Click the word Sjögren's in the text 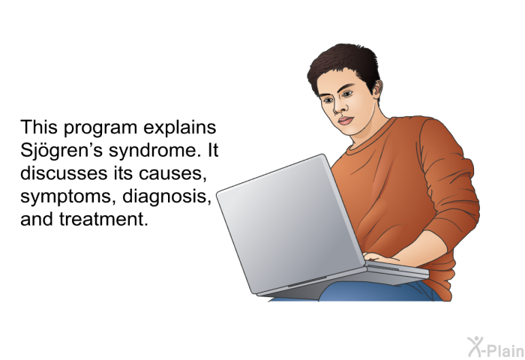[x=61, y=151]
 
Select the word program [x=100, y=128]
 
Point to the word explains [x=180, y=128]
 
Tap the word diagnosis [x=166, y=196]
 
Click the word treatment [x=103, y=219]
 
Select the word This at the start [x=39, y=127]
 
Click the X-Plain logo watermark [x=496, y=347]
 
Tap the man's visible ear [x=376, y=90]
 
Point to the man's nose [x=337, y=108]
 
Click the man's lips [x=346, y=120]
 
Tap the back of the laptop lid [x=289, y=224]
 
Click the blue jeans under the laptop [x=378, y=291]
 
